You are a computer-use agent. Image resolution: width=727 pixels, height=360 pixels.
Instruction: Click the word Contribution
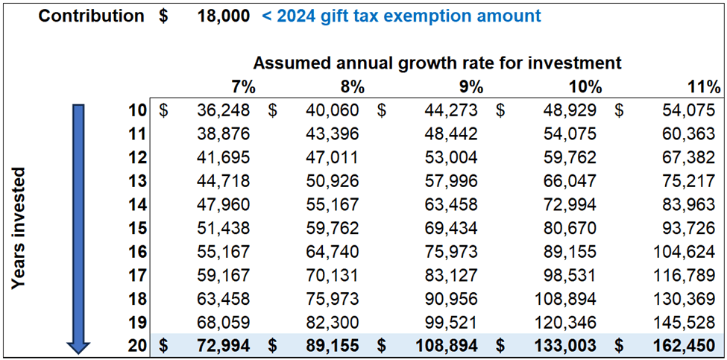point(91,16)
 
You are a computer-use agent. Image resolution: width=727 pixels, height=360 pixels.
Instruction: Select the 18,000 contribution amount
point(224,16)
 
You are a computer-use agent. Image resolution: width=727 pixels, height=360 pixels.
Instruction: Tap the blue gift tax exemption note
point(401,16)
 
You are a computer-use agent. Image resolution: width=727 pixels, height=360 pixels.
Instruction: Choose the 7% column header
point(243,86)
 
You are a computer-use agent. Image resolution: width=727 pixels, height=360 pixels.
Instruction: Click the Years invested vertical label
point(20,227)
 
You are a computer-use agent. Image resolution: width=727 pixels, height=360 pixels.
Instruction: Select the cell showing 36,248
point(224,111)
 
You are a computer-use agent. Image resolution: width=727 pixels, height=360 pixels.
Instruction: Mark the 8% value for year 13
point(333,181)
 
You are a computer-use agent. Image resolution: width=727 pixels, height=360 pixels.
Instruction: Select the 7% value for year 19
point(224,322)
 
